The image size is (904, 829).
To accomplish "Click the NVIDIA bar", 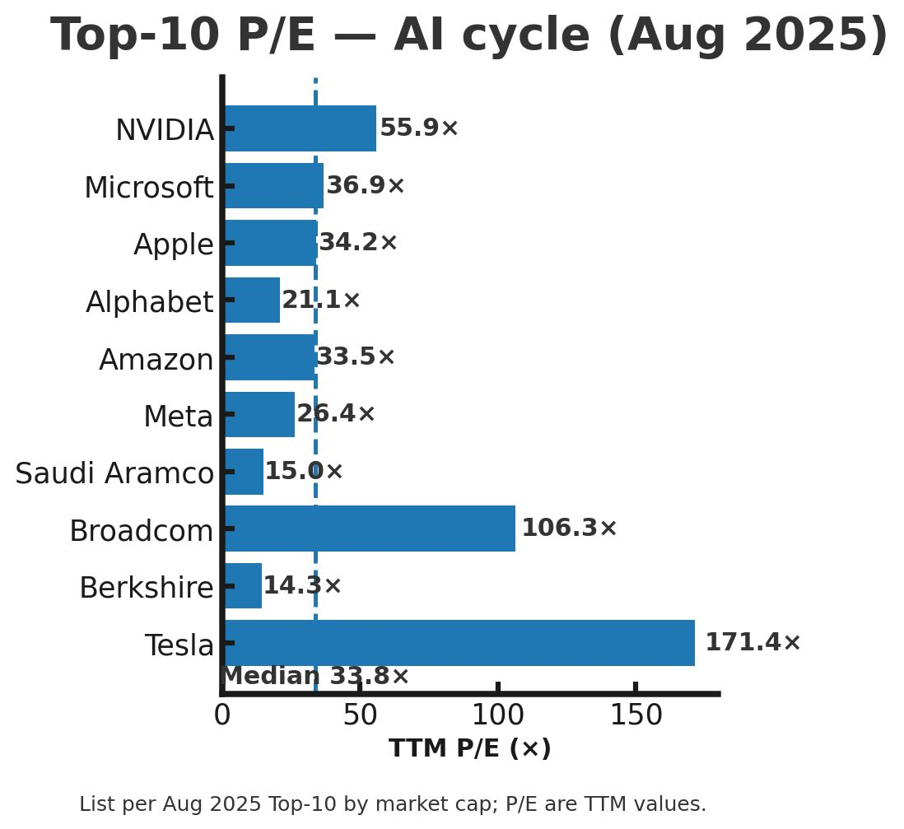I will click(x=300, y=128).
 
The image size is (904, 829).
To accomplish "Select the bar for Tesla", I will click(x=459, y=643).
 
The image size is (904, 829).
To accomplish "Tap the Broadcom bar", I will click(x=370, y=529).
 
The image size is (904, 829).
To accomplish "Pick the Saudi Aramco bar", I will click(x=244, y=472).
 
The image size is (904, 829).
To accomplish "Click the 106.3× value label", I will click(x=569, y=529).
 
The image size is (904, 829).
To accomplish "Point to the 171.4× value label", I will click(x=753, y=643).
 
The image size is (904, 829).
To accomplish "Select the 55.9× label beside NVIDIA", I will click(x=418, y=128).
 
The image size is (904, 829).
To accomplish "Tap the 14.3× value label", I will click(x=301, y=586).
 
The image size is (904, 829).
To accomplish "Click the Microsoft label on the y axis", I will click(x=149, y=188).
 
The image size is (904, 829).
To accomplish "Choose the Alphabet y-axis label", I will click(x=150, y=302).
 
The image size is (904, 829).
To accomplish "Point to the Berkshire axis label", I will click(x=147, y=588).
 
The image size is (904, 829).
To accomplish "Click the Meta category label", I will click(x=179, y=417).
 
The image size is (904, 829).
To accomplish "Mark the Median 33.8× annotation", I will click(x=315, y=677).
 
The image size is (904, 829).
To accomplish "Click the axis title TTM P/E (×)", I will click(x=469, y=749).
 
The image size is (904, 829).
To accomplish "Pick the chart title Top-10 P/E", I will click(x=469, y=36).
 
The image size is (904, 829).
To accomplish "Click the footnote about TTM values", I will click(x=393, y=804).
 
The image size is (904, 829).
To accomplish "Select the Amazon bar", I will click(x=270, y=357).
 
